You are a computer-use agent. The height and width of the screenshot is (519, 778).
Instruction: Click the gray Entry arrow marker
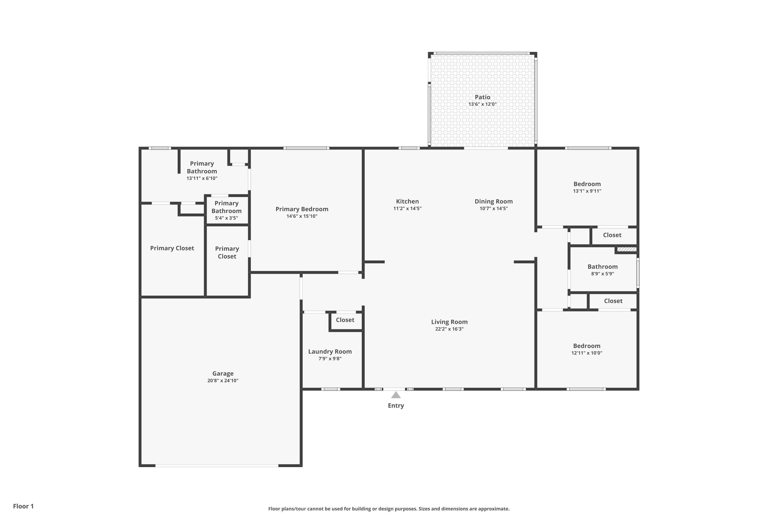[x=396, y=395]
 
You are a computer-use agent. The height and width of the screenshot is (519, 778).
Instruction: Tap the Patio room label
[x=482, y=97]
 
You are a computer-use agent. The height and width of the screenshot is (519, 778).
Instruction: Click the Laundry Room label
[x=330, y=352]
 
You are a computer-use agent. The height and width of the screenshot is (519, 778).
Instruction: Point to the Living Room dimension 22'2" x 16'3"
[x=449, y=329]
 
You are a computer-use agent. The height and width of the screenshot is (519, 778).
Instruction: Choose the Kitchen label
[x=407, y=201]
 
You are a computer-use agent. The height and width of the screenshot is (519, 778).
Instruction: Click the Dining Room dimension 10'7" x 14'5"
[x=494, y=209]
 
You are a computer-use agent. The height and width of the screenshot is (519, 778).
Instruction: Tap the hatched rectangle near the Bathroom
[x=627, y=249]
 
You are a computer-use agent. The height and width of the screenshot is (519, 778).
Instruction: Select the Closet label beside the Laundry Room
[x=345, y=320]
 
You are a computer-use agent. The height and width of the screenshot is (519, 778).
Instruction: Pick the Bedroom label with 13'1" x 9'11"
[x=587, y=184]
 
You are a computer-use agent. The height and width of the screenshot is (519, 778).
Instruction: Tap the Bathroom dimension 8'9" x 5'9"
[x=602, y=274]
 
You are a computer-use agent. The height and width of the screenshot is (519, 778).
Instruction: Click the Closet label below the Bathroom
[x=613, y=301]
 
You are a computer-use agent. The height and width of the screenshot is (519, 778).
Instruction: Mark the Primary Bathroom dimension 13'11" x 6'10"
[x=202, y=179]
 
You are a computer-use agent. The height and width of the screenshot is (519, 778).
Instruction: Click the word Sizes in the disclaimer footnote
[x=426, y=509]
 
